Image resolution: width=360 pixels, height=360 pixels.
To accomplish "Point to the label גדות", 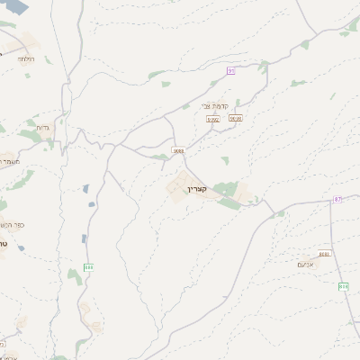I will [42, 129].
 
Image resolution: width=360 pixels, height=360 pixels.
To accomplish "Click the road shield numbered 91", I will [230, 69].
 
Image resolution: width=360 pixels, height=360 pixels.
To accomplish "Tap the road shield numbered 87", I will [337, 199].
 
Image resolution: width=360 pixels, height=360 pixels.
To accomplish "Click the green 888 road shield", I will [88, 267].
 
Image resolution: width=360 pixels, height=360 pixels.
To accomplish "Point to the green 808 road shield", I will [344, 286].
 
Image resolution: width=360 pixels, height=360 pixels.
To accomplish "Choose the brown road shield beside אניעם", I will [324, 255].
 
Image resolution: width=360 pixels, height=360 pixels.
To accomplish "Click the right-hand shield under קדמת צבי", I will [236, 118].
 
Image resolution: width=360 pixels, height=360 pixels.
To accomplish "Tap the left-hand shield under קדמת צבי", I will [213, 118].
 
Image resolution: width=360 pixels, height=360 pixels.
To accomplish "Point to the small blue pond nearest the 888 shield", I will [84, 239].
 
